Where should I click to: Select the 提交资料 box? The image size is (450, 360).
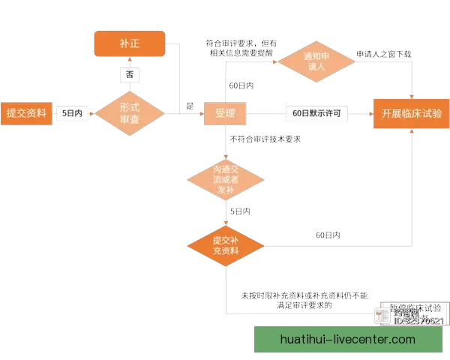(26, 114)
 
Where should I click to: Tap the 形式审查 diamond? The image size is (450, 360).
(130, 114)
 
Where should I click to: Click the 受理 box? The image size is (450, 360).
(226, 114)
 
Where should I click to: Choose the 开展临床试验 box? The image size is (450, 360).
(412, 114)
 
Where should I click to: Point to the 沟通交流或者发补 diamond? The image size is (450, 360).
(226, 180)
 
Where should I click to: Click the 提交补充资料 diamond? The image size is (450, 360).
(226, 245)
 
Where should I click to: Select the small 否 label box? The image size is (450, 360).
(130, 75)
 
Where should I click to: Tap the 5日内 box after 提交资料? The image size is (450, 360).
(73, 114)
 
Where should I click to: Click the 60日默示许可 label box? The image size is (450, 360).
(317, 114)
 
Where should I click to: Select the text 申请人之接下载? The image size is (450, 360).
(383, 54)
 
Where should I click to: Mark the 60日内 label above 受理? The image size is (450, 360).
(241, 86)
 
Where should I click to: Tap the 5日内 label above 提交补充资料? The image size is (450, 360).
(239, 212)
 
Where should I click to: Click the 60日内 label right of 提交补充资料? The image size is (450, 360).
(328, 235)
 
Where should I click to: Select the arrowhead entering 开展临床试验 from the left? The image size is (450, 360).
(373, 114)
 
